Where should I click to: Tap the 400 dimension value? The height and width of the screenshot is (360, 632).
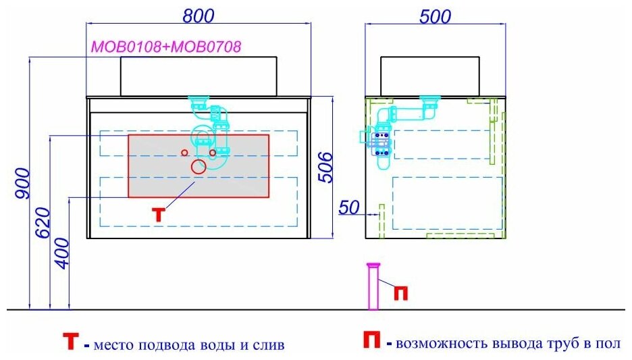61,253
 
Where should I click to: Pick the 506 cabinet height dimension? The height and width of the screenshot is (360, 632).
325,167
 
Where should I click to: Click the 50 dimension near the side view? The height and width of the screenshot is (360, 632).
348,208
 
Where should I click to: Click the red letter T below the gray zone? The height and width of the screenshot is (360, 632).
157,215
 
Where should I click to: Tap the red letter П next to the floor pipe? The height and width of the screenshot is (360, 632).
400,293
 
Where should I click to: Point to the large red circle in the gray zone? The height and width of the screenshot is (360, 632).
199,167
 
